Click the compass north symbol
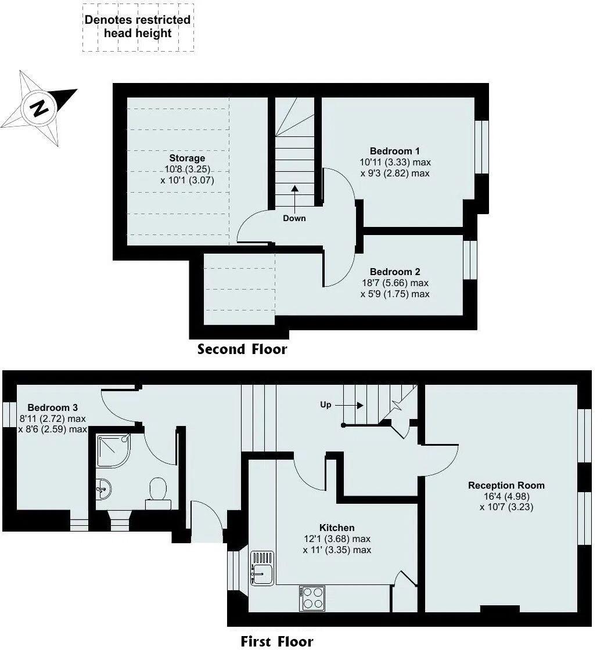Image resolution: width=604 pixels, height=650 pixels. click(x=39, y=109)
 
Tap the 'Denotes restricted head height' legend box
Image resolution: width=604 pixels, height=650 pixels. click(x=138, y=27)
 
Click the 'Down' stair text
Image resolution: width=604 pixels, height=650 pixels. click(x=294, y=218)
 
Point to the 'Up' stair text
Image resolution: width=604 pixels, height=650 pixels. click(x=326, y=405)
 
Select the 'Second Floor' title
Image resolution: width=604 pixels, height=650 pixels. click(x=242, y=349)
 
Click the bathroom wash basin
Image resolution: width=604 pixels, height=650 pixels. click(x=103, y=489)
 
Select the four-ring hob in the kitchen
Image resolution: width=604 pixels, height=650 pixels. click(x=312, y=598)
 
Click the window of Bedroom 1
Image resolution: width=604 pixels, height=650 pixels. click(x=481, y=147)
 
